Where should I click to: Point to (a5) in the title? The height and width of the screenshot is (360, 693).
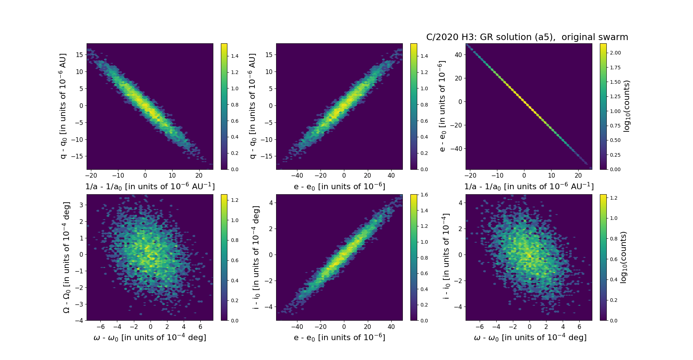pyautogui.click(x=545, y=37)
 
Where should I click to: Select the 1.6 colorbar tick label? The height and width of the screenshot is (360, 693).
pyautogui.click(x=424, y=195)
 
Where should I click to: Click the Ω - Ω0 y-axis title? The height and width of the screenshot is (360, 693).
pyautogui.click(x=66, y=257)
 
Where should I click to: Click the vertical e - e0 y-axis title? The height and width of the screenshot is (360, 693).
pyautogui.click(x=442, y=106)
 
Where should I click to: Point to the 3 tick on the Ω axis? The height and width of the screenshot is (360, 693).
pyautogui.click(x=81, y=205)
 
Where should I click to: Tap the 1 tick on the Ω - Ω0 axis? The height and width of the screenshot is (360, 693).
pyautogui.click(x=81, y=238)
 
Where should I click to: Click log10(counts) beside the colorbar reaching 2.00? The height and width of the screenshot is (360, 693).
pyautogui.click(x=627, y=106)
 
